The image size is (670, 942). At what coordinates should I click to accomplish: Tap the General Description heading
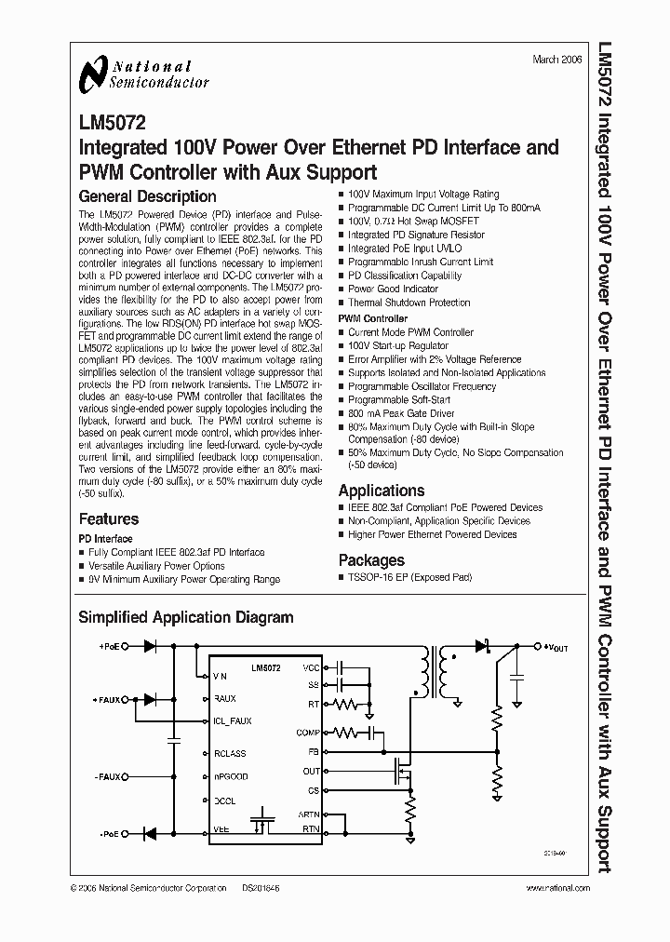point(147,196)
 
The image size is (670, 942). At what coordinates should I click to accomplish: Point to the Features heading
point(109,519)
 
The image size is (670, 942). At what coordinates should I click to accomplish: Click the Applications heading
point(382,491)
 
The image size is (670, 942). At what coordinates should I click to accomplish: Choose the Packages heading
point(371,560)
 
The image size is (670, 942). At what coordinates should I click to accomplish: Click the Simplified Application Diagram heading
point(185,617)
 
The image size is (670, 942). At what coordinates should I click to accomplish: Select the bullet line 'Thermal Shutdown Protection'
point(409,303)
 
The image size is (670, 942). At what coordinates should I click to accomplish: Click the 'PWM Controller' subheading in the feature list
point(373,318)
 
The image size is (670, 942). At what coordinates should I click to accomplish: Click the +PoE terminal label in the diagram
point(111,645)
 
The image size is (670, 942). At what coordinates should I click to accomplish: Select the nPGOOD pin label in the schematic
point(231,775)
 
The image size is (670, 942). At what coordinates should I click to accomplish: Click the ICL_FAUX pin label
point(233,720)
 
